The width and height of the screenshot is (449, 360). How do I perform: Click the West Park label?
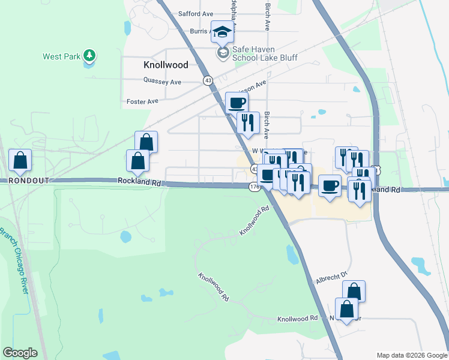coord(62,57)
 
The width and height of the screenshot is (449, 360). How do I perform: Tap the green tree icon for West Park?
coord(89,56)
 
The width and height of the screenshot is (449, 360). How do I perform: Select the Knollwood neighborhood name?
coord(166,65)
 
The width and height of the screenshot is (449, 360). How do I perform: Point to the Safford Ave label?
coord(196,14)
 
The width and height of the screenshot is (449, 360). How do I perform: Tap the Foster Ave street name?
coord(142,101)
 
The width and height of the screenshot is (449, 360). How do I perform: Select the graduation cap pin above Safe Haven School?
coord(222,32)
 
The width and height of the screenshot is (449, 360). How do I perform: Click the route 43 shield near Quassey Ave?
coord(208,80)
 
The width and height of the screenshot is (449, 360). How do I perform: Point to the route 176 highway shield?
coord(253,187)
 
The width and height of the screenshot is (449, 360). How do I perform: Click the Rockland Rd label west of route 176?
coord(139,180)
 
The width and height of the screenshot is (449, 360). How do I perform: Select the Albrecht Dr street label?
coord(332,277)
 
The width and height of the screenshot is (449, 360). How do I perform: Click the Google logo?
coord(20,353)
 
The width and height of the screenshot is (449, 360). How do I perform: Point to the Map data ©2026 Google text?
coord(412,355)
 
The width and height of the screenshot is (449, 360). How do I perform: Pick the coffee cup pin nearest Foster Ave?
coord(236,102)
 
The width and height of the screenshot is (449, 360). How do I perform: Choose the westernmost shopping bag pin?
coord(20,160)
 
